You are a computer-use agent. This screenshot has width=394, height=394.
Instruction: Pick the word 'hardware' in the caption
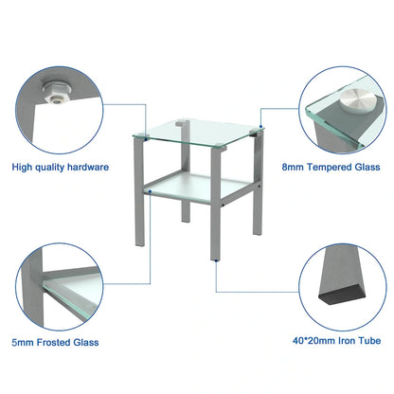click(x=86, y=167)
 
